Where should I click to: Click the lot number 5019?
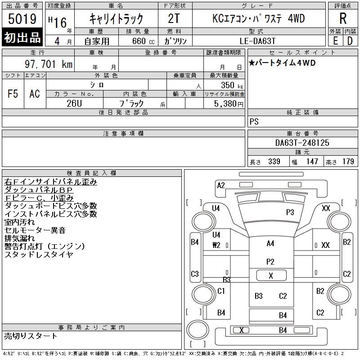click(22, 19)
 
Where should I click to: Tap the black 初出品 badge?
click(22, 37)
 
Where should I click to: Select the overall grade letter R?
click(343, 18)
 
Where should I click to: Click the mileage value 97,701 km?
click(49, 64)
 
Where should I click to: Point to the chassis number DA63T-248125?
click(302, 143)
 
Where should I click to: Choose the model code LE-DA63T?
click(257, 41)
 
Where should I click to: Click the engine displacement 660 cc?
click(143, 41)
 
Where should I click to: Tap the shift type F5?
click(13, 94)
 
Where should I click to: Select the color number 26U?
click(74, 103)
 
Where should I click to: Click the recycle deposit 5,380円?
click(229, 104)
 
